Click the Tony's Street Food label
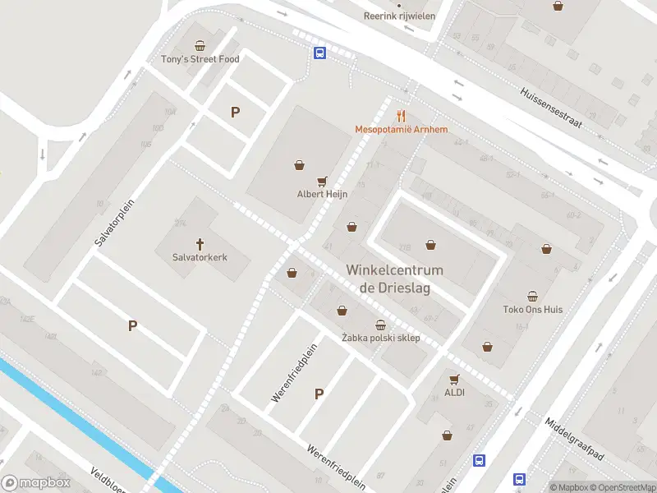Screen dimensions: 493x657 200,59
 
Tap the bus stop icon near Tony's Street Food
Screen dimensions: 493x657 319,53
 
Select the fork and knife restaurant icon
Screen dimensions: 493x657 401,116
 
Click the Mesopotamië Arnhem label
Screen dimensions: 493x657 401,130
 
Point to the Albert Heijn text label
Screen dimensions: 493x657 323,195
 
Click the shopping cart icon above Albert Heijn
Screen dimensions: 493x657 323,181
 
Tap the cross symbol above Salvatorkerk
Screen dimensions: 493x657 200,243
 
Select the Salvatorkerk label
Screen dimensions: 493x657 200,257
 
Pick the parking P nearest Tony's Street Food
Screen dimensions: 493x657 236,113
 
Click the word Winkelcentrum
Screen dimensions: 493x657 394,270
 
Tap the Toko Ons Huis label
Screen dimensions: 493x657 533,310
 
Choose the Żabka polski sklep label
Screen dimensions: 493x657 380,339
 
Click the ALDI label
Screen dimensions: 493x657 454,393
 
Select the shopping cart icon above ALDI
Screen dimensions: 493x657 454,379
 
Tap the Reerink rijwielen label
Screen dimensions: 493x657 400,16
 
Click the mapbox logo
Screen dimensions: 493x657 35,483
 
